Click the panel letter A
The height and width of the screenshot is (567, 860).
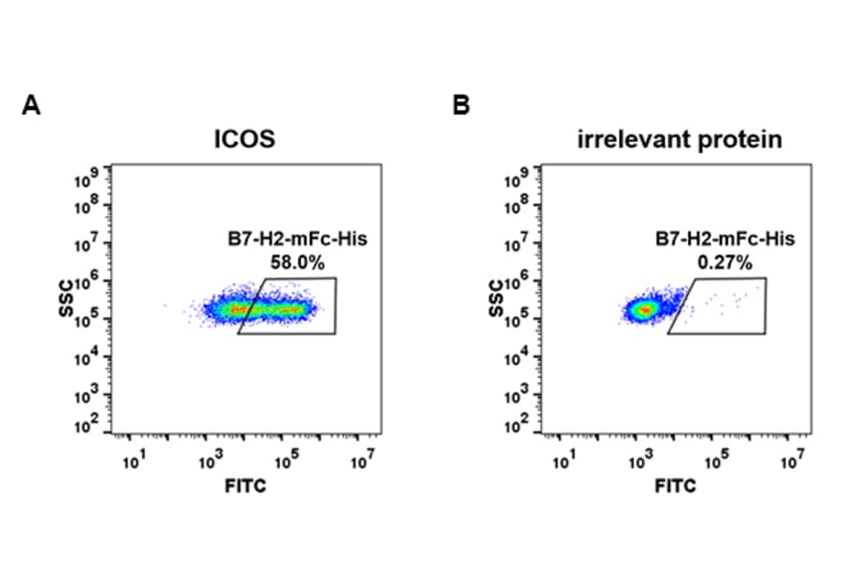point(31,106)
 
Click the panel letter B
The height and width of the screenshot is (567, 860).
point(462,106)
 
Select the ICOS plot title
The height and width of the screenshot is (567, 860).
point(244,139)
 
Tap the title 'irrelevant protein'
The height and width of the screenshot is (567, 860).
point(679,139)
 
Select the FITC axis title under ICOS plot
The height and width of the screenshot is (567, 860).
point(246,486)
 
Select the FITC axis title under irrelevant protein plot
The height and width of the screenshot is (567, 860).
point(676,486)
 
